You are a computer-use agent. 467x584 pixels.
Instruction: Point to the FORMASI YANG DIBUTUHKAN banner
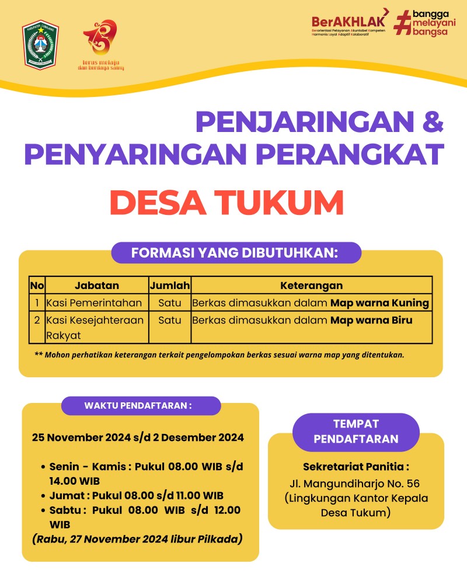236,253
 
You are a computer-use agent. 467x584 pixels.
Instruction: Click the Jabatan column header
97,286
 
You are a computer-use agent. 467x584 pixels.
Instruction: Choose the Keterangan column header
311,286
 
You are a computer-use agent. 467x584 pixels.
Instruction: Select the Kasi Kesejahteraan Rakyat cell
95,328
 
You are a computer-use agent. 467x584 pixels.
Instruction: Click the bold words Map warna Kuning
380,303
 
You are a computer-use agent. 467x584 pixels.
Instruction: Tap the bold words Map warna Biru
371,320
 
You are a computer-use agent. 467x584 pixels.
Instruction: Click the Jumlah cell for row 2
170,320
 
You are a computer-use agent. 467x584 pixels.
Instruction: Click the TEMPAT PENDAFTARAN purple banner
356,432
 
